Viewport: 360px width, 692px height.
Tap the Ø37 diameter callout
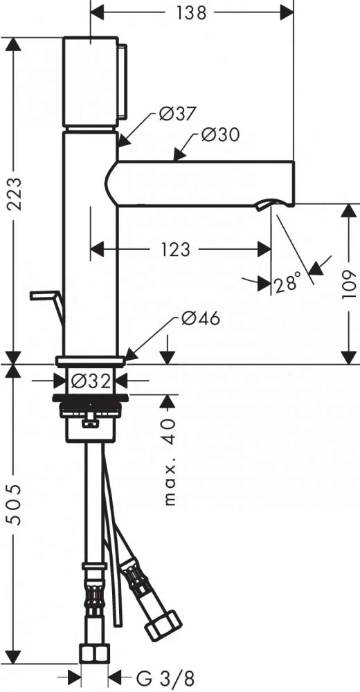[x=177, y=114]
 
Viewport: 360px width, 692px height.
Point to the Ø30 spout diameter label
[x=220, y=134]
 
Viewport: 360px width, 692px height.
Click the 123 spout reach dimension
[x=175, y=250]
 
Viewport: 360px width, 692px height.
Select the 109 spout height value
[x=349, y=284]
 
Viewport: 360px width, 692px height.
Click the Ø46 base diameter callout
[x=200, y=318]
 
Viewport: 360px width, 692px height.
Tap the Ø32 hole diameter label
[x=90, y=380]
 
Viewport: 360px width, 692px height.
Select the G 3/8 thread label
[x=165, y=677]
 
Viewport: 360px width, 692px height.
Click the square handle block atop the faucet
[x=90, y=82]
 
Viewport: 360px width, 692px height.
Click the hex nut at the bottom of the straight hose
[x=94, y=654]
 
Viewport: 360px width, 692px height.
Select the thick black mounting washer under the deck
[x=90, y=398]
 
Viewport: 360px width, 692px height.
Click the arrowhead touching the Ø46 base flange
[x=130, y=354]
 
